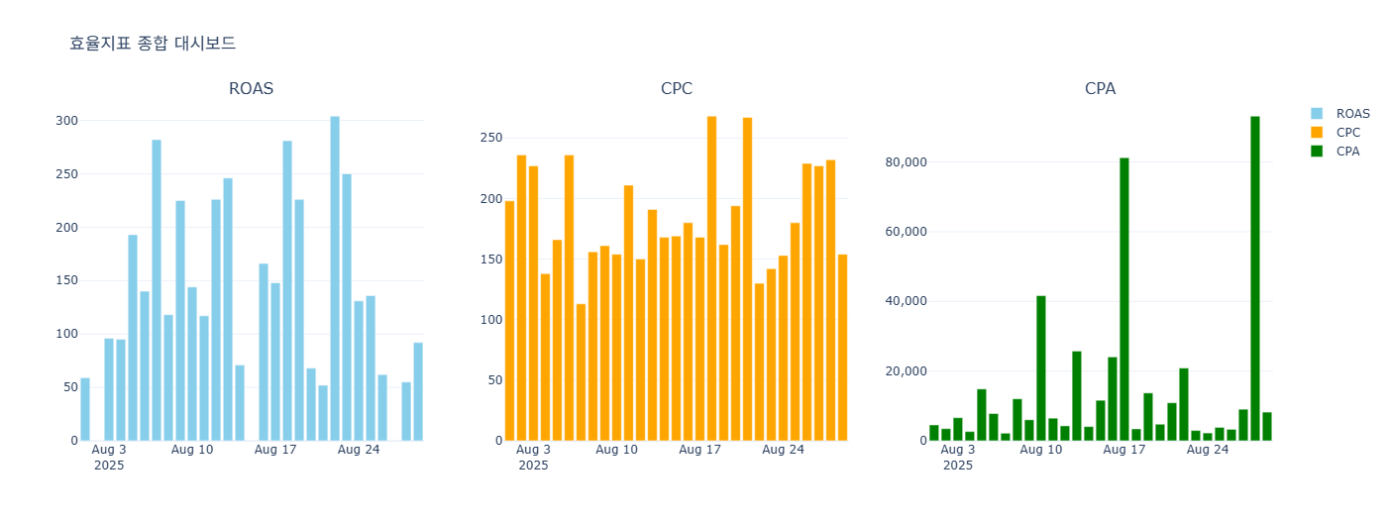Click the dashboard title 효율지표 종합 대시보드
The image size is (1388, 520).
(x=153, y=44)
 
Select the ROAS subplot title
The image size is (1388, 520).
(x=251, y=89)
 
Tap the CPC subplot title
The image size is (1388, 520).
(x=676, y=89)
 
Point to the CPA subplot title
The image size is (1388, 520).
(x=1100, y=89)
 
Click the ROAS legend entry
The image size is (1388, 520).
(x=1352, y=114)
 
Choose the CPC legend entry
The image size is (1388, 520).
(x=1347, y=133)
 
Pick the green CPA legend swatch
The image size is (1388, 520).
(x=1317, y=152)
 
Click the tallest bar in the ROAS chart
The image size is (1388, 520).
(x=335, y=278)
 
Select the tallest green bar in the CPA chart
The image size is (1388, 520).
(x=1254, y=278)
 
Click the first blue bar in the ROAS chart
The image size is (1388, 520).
(x=85, y=409)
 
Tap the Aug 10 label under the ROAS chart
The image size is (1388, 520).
(x=192, y=450)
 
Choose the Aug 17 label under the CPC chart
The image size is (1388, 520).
(x=699, y=450)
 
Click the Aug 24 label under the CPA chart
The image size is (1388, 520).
(x=1207, y=450)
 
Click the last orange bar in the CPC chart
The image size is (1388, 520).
(x=842, y=348)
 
